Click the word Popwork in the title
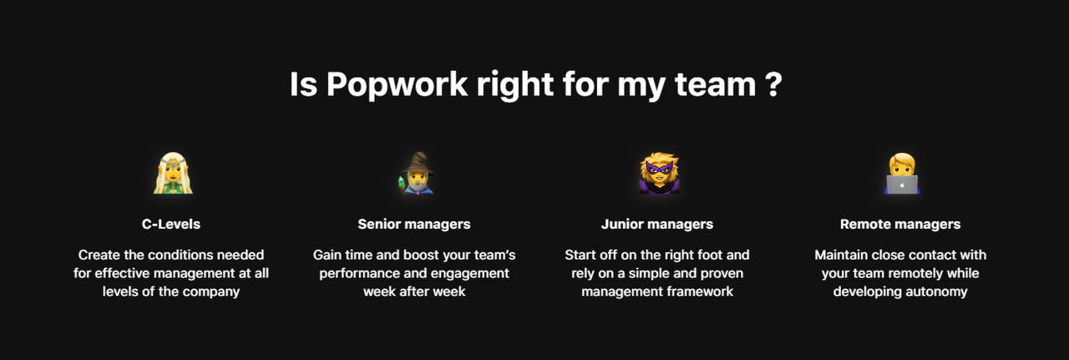point(397,85)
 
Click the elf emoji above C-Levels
point(173,173)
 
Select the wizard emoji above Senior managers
point(416,173)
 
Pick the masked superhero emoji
point(659,173)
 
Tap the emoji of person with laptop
point(901,173)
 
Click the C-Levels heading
point(171,224)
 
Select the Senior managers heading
point(414,224)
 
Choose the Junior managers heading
point(657,224)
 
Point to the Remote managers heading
point(900,224)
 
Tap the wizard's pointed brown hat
point(418,163)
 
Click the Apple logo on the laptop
point(902,185)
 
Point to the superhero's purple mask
point(659,168)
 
